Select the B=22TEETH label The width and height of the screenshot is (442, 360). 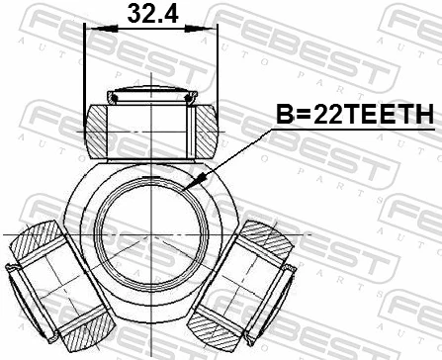tap(351, 116)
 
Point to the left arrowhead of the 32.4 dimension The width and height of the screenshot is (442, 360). tap(92, 29)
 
